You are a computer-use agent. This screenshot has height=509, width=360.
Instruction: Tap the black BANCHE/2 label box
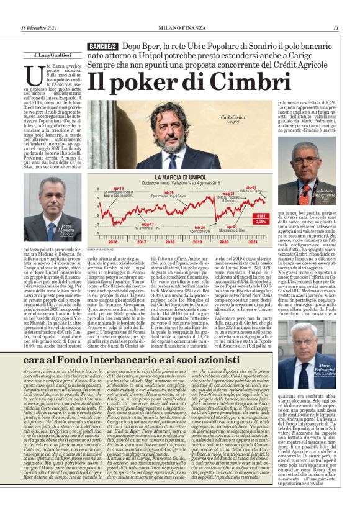(x=103, y=47)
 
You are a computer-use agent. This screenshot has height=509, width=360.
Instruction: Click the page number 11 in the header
(x=335, y=27)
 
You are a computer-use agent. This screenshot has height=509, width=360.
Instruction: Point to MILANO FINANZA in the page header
(x=180, y=27)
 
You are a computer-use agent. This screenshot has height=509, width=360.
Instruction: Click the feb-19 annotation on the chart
(x=151, y=192)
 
